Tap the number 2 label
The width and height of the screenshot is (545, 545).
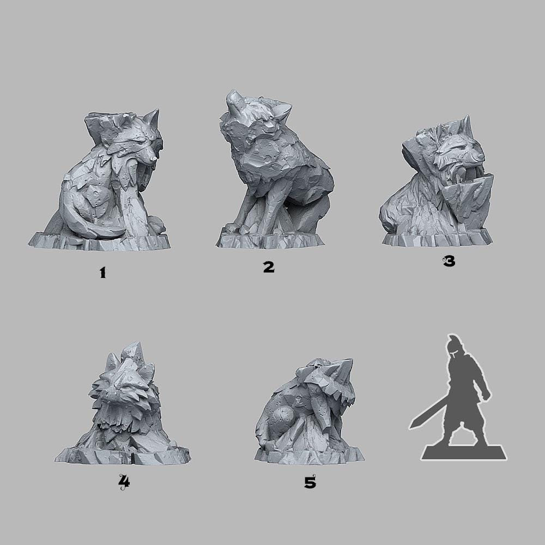coord(268,267)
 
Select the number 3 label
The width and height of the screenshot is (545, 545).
coord(449,262)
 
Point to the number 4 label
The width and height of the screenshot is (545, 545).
coord(124,481)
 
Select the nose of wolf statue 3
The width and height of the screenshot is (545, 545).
coord(480,157)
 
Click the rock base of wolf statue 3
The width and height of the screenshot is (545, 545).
coord(436,238)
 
